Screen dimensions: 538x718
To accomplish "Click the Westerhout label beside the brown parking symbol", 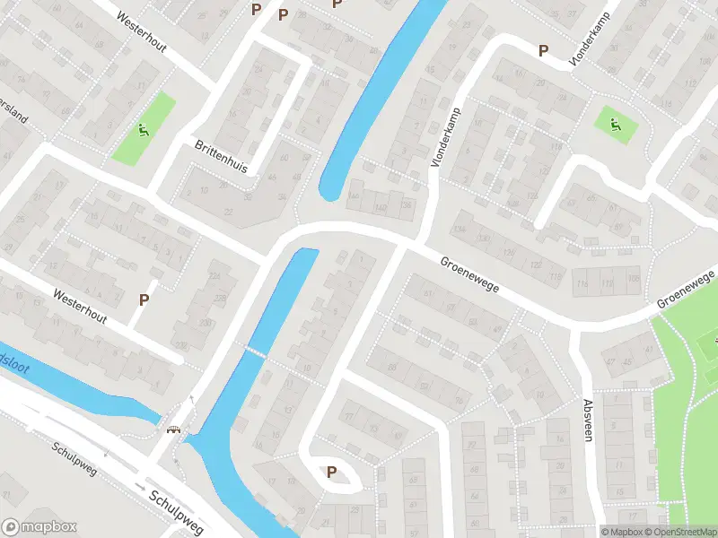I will coord(79,306).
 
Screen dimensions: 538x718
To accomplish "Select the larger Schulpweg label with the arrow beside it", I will coord(178,510).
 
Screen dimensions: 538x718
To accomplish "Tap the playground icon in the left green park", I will coord(143,130).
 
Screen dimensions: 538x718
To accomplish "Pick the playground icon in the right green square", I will coord(615,125).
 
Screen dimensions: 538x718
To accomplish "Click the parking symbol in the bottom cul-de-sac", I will coord(331,473).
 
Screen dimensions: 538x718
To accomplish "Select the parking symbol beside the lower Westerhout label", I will coord(143,299).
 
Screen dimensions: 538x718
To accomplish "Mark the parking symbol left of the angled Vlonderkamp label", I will coord(542,51).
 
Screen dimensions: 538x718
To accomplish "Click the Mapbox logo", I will coord(39,527).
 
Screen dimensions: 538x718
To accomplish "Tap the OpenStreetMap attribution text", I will coord(679,532).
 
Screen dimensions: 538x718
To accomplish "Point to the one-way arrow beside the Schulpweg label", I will coord(139,484).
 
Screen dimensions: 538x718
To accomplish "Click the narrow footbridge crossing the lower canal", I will coord(257,353).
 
